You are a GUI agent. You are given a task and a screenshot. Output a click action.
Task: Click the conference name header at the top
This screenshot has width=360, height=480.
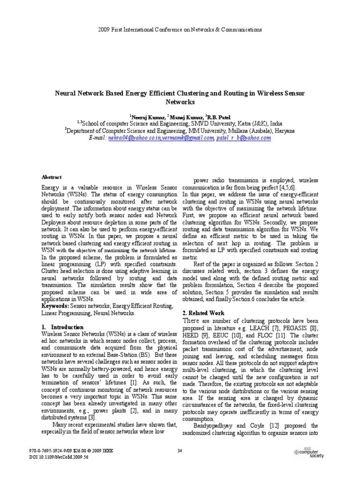point(180,30)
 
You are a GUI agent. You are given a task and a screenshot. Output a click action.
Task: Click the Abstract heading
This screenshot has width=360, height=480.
point(52,177)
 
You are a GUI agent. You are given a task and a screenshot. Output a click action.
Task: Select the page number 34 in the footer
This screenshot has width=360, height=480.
point(180,451)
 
